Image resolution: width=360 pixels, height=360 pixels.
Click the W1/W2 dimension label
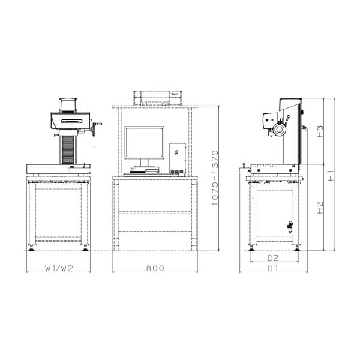click(x=59, y=268)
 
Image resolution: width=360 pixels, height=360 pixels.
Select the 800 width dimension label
click(x=155, y=268)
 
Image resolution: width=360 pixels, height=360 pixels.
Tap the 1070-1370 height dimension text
click(x=215, y=178)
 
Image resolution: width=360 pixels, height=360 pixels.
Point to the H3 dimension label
click(x=320, y=131)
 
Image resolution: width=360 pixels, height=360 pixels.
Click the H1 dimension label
click(x=331, y=175)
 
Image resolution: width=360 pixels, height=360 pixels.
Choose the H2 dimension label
click(x=320, y=208)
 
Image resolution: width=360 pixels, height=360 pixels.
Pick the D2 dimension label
click(x=273, y=258)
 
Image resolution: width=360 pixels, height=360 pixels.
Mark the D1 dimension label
click(x=273, y=268)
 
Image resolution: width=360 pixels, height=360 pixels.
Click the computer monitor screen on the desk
click(x=145, y=143)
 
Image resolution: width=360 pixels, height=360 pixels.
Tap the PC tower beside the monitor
click(x=177, y=158)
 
